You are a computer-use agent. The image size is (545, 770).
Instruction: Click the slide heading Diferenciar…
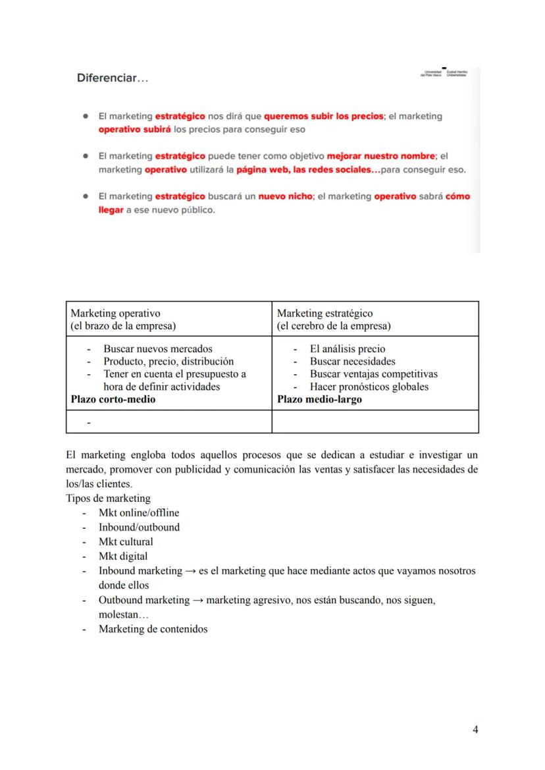pyautogui.click(x=113, y=78)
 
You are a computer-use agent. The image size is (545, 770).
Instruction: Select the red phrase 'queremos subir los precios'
pyautogui.click(x=323, y=116)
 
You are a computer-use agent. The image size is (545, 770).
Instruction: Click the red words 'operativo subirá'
pyautogui.click(x=134, y=129)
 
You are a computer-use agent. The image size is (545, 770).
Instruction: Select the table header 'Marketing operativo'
pyautogui.click(x=115, y=314)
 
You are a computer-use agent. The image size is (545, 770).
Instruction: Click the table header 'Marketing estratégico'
pyautogui.click(x=324, y=314)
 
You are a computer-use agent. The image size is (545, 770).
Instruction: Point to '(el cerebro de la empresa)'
pyautogui.click(x=334, y=326)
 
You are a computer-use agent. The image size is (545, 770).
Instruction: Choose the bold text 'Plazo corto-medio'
pyautogui.click(x=113, y=399)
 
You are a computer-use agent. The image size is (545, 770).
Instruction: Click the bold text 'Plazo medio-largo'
pyautogui.click(x=319, y=399)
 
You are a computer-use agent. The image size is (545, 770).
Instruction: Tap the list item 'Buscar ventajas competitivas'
pyautogui.click(x=373, y=374)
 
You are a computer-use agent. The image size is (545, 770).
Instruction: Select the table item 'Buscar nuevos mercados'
pyautogui.click(x=158, y=349)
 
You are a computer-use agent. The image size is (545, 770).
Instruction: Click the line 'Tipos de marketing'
pyautogui.click(x=109, y=498)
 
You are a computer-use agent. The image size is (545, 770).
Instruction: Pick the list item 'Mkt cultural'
pyautogui.click(x=126, y=541)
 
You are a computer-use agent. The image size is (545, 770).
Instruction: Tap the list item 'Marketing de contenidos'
pyautogui.click(x=153, y=629)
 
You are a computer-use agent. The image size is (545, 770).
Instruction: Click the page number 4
pyautogui.click(x=475, y=729)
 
